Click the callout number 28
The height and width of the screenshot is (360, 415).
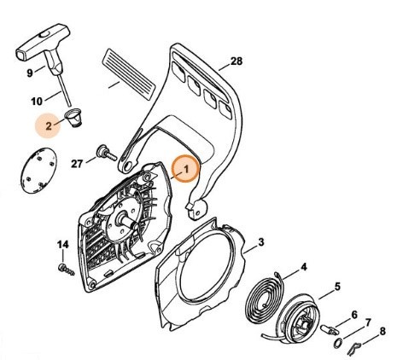[x=237, y=61]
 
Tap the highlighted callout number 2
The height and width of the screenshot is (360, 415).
[x=50, y=125]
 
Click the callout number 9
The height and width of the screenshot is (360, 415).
[x=30, y=73]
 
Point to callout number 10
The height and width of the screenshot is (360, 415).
[x=38, y=102]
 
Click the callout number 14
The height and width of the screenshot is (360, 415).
[x=61, y=246]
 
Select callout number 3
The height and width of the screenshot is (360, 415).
[x=262, y=243]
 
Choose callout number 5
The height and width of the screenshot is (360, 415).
[x=337, y=286]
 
